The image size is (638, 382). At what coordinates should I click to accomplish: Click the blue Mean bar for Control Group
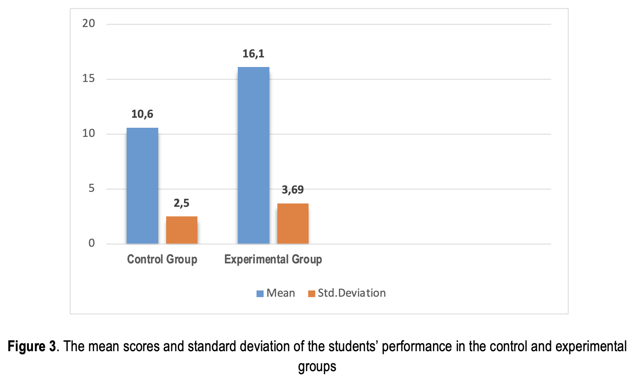click(142, 186)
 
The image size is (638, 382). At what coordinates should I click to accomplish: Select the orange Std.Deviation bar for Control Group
click(182, 230)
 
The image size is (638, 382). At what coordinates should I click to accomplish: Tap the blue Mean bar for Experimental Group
click(253, 155)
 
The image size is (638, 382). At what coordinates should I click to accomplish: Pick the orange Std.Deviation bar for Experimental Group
click(293, 223)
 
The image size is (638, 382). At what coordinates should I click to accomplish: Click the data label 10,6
click(142, 114)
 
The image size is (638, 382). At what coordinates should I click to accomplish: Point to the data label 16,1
click(253, 54)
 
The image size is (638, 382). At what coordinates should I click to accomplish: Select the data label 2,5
click(182, 203)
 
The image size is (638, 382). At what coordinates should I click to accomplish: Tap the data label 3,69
click(293, 190)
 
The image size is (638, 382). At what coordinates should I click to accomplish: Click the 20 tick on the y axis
click(89, 23)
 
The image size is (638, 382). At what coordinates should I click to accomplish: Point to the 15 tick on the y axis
click(89, 78)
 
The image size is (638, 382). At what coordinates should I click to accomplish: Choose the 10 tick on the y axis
click(89, 133)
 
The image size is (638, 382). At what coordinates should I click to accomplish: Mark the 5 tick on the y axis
click(92, 189)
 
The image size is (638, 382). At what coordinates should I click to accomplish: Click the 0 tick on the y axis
click(92, 243)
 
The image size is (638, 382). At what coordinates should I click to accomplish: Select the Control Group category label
click(162, 259)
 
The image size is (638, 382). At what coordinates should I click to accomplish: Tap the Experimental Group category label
click(273, 259)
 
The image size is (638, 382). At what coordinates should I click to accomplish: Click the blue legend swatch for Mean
click(260, 294)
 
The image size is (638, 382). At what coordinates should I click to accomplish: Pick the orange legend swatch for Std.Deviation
click(312, 294)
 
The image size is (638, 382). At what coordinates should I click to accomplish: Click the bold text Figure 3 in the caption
click(32, 347)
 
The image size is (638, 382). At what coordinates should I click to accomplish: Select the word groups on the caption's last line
click(317, 367)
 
